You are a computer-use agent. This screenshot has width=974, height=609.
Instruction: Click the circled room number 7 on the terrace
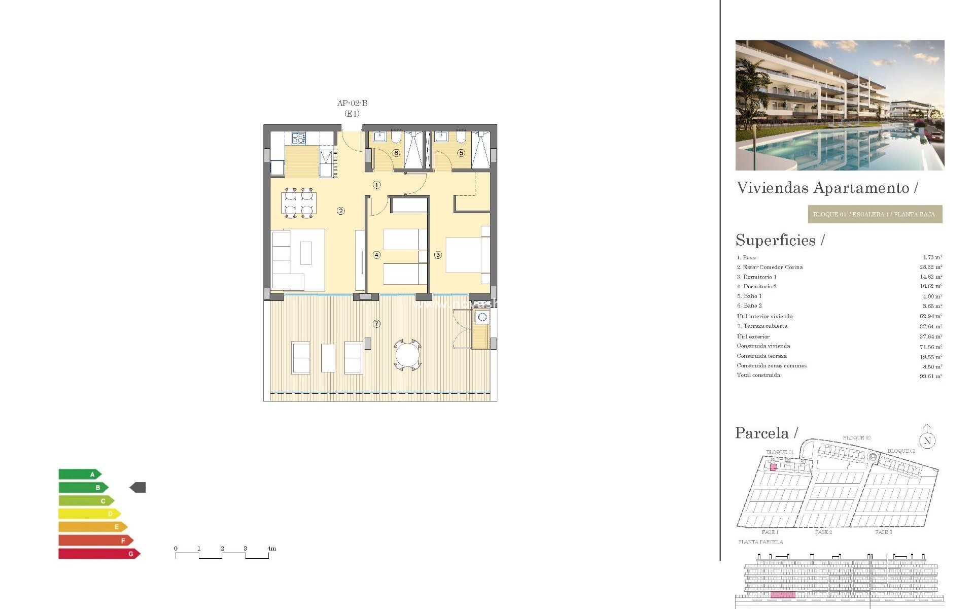click(376, 324)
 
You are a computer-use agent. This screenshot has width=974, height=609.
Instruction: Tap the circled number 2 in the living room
click(341, 211)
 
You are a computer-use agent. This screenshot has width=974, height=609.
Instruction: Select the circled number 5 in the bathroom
click(461, 153)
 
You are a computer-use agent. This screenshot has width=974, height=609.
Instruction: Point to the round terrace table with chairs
click(408, 355)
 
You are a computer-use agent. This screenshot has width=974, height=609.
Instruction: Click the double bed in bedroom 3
click(464, 255)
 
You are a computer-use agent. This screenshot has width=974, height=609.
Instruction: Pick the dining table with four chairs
click(299, 203)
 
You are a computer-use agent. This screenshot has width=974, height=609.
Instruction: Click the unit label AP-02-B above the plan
click(352, 103)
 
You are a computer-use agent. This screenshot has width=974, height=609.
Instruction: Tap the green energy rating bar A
click(79, 475)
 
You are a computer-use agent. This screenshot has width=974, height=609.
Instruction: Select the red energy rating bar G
click(98, 554)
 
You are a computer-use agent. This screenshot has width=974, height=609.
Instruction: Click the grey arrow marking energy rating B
click(138, 488)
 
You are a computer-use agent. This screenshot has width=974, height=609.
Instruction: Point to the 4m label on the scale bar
click(272, 549)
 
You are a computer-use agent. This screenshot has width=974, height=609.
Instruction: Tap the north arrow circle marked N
click(927, 441)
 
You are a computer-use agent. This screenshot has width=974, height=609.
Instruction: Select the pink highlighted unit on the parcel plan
click(773, 467)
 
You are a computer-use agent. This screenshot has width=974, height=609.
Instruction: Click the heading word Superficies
click(776, 240)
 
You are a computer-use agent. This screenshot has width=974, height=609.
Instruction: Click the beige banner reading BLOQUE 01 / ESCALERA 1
click(875, 214)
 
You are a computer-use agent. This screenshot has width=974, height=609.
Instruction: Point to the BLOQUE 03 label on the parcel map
click(901, 451)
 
